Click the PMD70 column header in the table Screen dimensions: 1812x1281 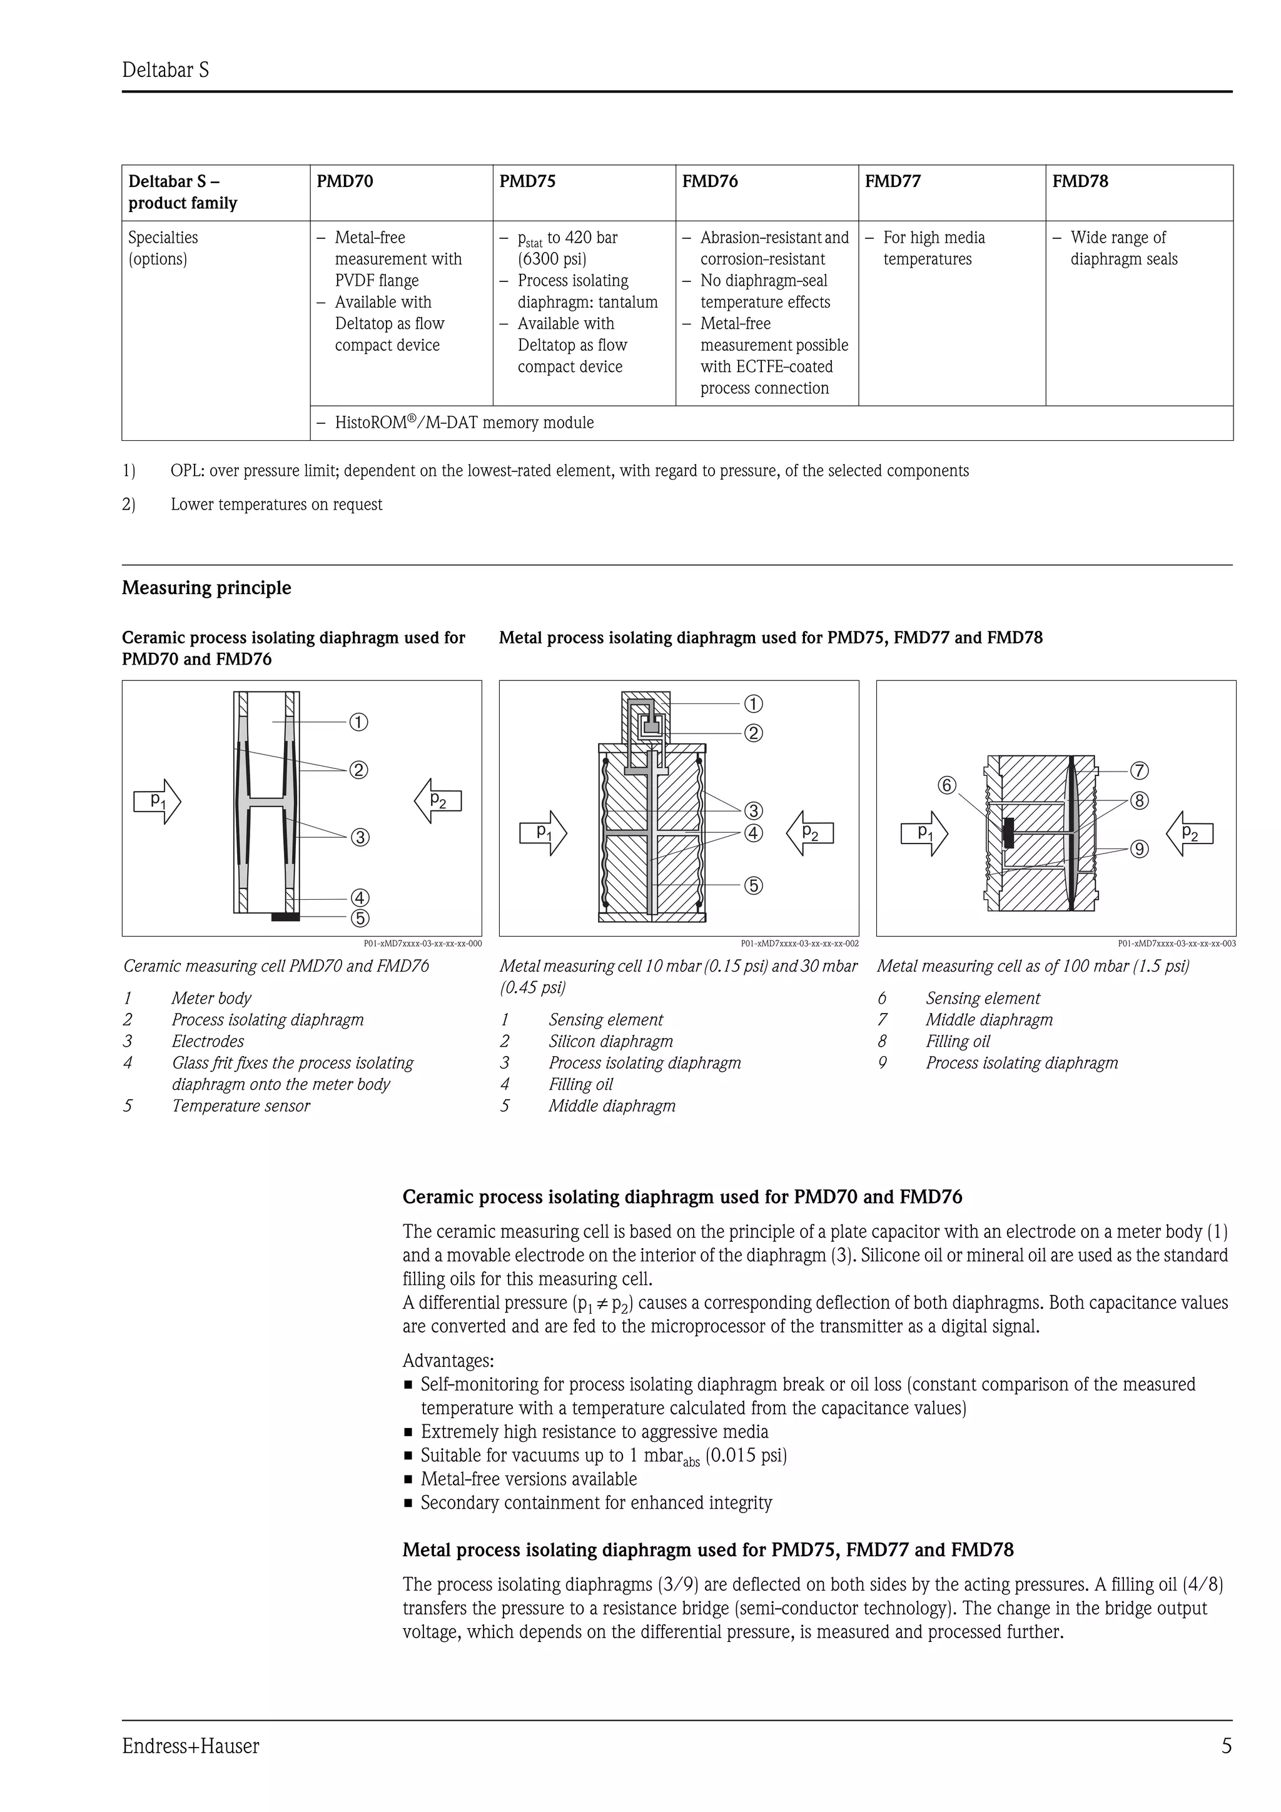click(345, 181)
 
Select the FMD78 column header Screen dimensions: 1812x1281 click(1080, 181)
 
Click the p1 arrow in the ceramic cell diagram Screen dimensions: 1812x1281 click(157, 801)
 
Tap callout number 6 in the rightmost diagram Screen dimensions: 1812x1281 click(946, 785)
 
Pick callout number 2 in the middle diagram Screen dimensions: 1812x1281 click(754, 733)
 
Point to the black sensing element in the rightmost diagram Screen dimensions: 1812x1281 click(1008, 833)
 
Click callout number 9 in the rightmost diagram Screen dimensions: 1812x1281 click(1139, 849)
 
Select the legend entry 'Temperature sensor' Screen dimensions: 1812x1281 click(241, 1105)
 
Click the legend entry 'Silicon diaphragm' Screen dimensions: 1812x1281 click(611, 1041)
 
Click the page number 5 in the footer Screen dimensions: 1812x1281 click(1226, 1746)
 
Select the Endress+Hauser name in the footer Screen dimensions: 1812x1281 click(190, 1746)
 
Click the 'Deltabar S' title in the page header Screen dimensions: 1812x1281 click(166, 70)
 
